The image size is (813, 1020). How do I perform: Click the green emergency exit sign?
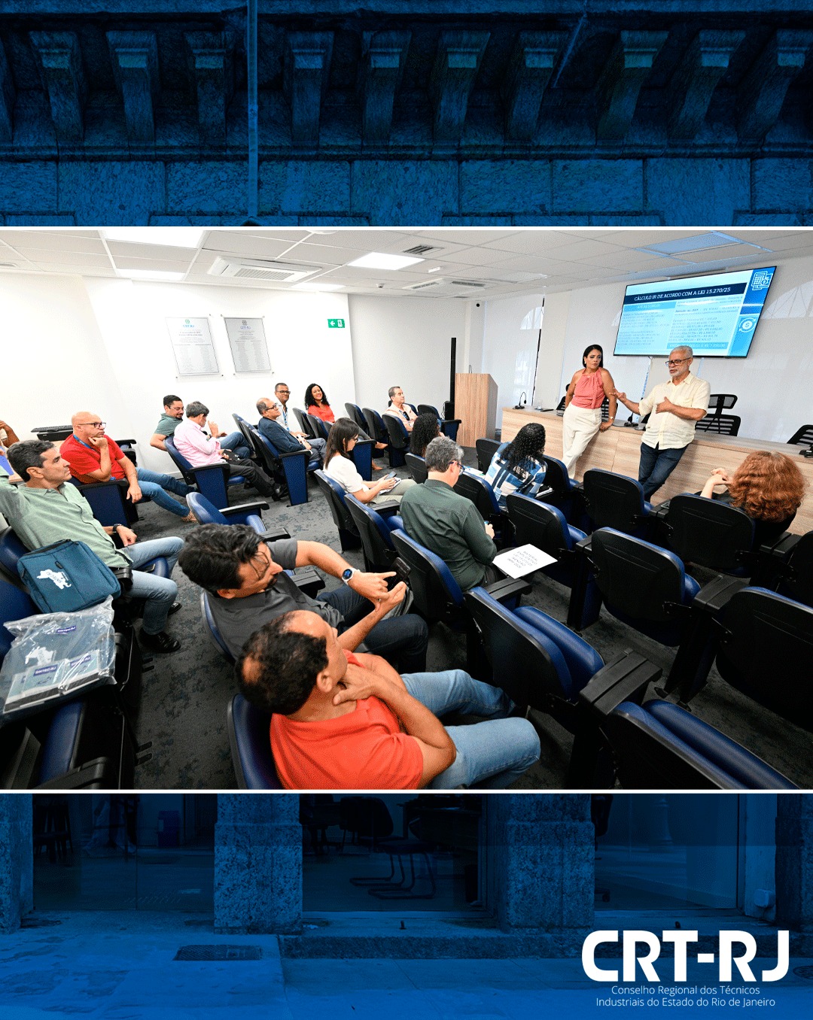(x=336, y=323)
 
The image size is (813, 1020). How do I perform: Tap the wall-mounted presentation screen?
(x=693, y=312)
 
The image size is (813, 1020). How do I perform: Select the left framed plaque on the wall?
(x=193, y=346)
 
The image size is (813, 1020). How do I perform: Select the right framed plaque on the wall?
(x=248, y=345)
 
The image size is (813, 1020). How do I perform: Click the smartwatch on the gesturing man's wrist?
(x=348, y=575)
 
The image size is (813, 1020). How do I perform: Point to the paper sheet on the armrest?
(x=524, y=560)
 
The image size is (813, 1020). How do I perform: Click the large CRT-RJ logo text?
(x=685, y=956)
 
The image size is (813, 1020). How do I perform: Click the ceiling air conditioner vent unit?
(x=263, y=270)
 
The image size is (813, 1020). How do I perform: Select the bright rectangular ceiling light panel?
(x=385, y=261)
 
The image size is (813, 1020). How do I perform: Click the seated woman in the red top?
(x=319, y=405)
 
